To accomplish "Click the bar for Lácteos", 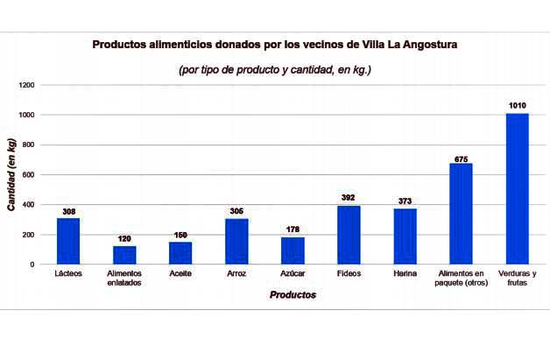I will pyautogui.click(x=68, y=241).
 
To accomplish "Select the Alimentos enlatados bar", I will pyautogui.click(x=124, y=255).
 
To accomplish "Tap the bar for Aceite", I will pyautogui.click(x=180, y=252).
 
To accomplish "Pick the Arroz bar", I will pyautogui.click(x=236, y=241).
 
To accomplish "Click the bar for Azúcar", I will pyautogui.click(x=293, y=251).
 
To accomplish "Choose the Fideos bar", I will pyautogui.click(x=349, y=235).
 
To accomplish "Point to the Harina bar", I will pyautogui.click(x=405, y=236).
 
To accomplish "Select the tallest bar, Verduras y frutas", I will pyautogui.click(x=518, y=188).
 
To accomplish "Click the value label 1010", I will pyautogui.click(x=518, y=106).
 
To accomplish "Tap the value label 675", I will pyautogui.click(x=462, y=159).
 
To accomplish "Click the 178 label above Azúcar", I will pyautogui.click(x=293, y=230).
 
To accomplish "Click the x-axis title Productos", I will pyautogui.click(x=293, y=295).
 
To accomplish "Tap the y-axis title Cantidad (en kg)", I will pyautogui.click(x=11, y=174).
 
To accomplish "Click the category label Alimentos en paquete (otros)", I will pyautogui.click(x=462, y=278).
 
